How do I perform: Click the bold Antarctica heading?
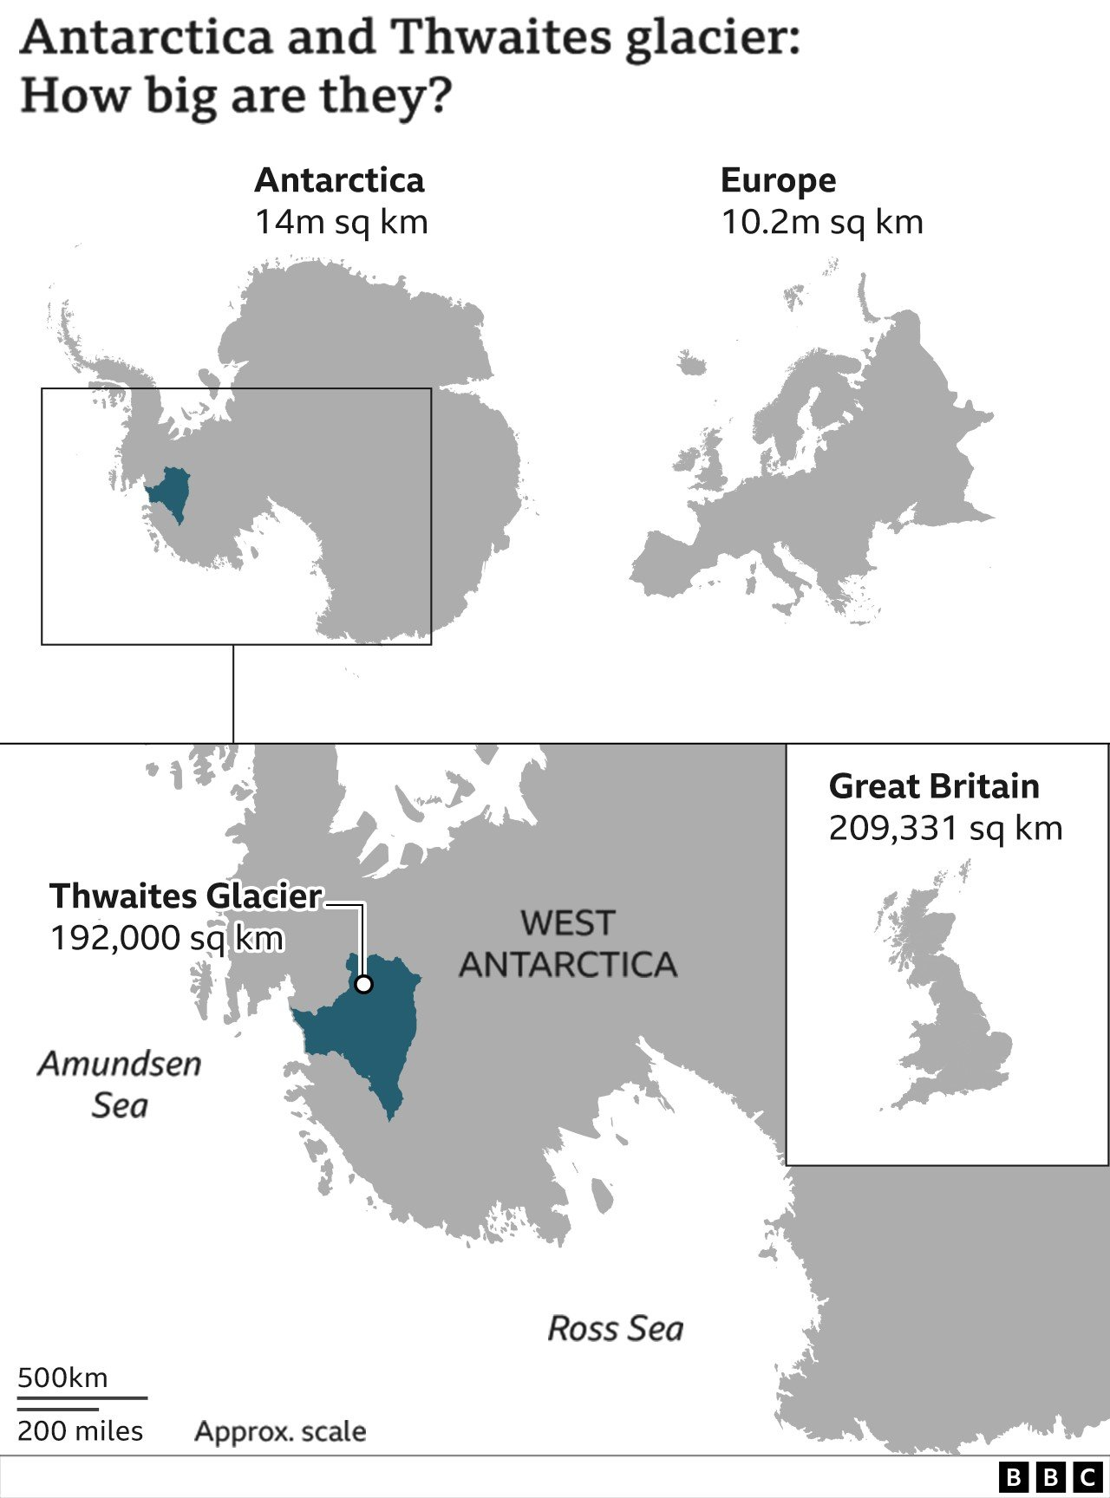pyautogui.click(x=339, y=180)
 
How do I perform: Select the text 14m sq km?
pyautogui.click(x=341, y=223)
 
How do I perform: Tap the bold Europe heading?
pyautogui.click(x=778, y=180)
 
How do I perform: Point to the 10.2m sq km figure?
pyautogui.click(x=821, y=223)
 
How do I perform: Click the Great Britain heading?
pyautogui.click(x=933, y=786)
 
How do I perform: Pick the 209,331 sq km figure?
pyautogui.click(x=945, y=829)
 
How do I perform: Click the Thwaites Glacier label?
pyautogui.click(x=186, y=896)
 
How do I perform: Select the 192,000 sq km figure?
pyautogui.click(x=166, y=938)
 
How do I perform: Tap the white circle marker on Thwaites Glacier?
pyautogui.click(x=364, y=984)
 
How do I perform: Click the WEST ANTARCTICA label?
pyautogui.click(x=568, y=944)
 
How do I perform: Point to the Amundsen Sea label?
pyautogui.click(x=120, y=1084)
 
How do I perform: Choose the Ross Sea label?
pyautogui.click(x=615, y=1329)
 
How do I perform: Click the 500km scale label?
pyautogui.click(x=62, y=1378)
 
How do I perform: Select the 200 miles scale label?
pyautogui.click(x=80, y=1431)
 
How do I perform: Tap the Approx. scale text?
pyautogui.click(x=280, y=1431)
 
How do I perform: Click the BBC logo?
pyautogui.click(x=1050, y=1476)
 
